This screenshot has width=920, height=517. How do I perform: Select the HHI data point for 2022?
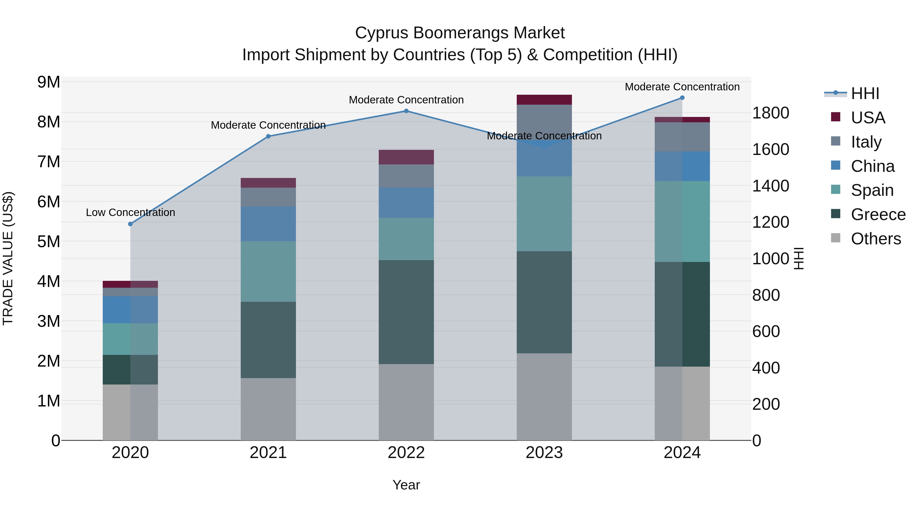pyautogui.click(x=406, y=111)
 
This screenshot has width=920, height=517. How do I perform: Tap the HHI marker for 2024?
pyautogui.click(x=682, y=98)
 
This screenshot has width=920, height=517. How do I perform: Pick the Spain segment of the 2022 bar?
pyautogui.click(x=406, y=239)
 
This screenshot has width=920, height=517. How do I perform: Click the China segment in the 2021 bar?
pyautogui.click(x=268, y=224)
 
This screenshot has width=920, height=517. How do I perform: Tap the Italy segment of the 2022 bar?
pyautogui.click(x=406, y=176)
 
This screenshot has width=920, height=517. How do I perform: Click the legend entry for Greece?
pyautogui.click(x=878, y=214)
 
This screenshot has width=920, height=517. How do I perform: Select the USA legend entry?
pyautogui.click(x=868, y=118)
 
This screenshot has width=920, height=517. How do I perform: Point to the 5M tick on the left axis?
pyautogui.click(x=49, y=242)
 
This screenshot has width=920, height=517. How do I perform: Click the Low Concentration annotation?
pyautogui.click(x=130, y=212)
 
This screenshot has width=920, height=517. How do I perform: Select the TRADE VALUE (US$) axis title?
pyautogui.click(x=8, y=258)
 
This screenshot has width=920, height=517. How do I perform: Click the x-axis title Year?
pyautogui.click(x=406, y=485)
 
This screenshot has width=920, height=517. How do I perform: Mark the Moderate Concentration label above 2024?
pyautogui.click(x=682, y=87)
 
